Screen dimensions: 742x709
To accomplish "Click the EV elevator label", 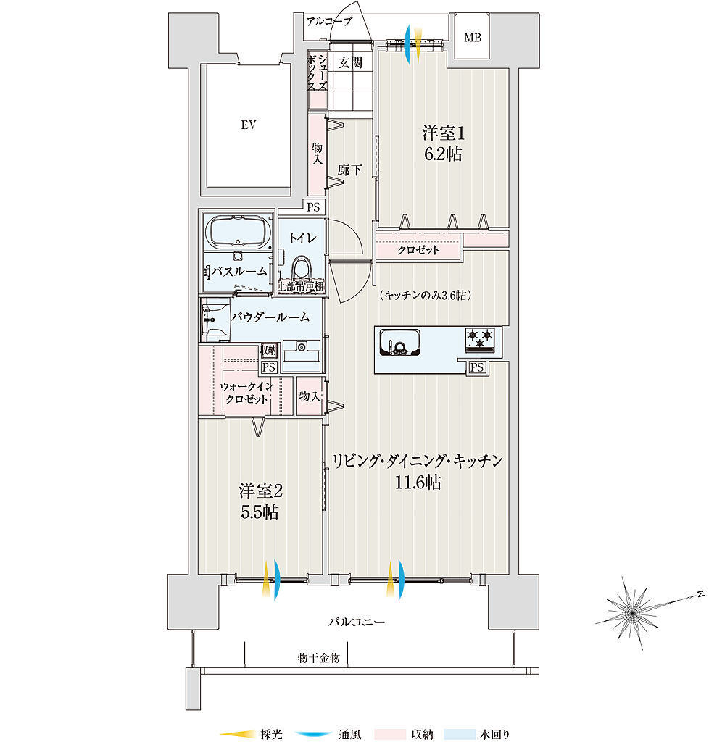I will [249, 125].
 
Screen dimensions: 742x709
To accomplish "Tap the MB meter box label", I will [473, 38].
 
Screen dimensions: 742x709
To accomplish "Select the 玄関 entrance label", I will [350, 63].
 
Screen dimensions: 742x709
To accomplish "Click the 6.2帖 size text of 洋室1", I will [443, 154].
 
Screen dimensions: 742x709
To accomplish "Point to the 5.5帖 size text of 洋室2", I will [260, 512].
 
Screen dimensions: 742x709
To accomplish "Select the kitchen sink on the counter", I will [399, 341].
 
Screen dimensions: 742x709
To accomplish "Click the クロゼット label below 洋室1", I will [418, 250].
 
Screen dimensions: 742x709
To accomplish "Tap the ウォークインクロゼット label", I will [246, 393].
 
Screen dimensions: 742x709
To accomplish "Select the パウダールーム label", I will [270, 317].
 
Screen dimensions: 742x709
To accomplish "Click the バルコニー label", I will [356, 622].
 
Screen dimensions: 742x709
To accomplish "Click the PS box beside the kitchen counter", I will [476, 367].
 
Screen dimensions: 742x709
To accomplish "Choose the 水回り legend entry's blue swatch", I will [459, 735].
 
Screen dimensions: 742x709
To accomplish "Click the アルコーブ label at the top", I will [328, 22].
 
